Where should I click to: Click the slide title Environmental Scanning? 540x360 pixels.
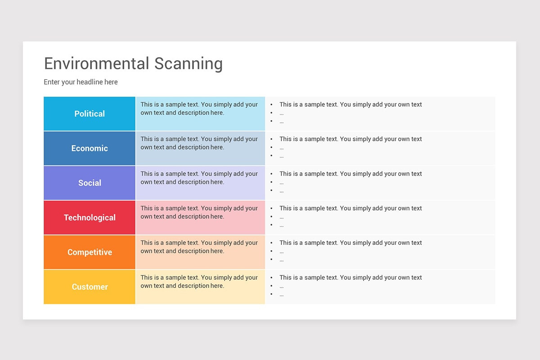(x=133, y=63)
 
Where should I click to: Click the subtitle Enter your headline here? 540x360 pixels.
(x=81, y=82)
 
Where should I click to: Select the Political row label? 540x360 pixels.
(x=90, y=114)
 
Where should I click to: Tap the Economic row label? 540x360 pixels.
(x=90, y=148)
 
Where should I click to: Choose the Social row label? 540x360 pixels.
(x=90, y=183)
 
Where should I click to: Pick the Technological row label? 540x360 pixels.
(x=90, y=217)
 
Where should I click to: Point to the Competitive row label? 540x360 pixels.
(x=90, y=252)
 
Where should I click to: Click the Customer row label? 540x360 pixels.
(x=90, y=287)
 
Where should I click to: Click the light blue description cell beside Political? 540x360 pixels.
(x=200, y=114)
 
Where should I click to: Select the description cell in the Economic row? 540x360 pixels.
(x=200, y=148)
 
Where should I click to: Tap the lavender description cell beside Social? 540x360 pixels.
(x=200, y=183)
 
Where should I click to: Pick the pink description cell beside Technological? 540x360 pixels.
(x=200, y=217)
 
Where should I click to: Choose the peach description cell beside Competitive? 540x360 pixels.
(x=200, y=252)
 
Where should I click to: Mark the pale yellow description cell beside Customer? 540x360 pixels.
(x=200, y=287)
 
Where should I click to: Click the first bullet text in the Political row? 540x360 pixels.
(x=351, y=104)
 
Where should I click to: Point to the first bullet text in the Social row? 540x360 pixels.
(x=351, y=174)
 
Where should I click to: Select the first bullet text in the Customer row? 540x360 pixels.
(x=351, y=277)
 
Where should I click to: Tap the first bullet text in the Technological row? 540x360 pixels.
(x=351, y=208)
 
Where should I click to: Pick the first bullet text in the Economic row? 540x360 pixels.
(x=351, y=139)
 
